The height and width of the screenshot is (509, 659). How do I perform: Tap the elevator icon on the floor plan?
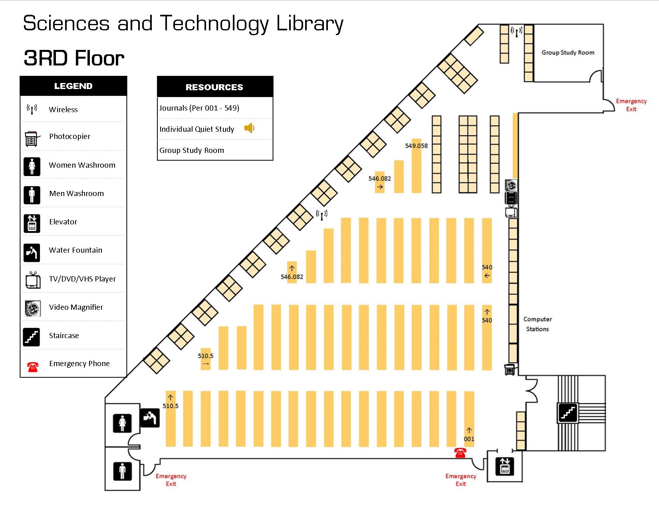click(505, 466)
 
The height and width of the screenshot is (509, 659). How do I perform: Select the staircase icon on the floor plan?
click(568, 413)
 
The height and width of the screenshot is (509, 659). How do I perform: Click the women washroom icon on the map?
click(122, 423)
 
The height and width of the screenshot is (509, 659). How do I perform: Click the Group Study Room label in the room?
click(568, 52)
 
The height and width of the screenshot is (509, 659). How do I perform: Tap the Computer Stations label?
click(537, 324)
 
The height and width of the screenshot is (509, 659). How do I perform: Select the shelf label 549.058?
click(416, 146)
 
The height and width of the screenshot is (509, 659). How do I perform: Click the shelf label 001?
click(469, 439)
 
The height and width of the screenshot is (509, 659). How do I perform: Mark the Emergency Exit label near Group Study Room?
click(631, 105)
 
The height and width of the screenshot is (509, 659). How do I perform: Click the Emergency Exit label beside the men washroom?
click(171, 480)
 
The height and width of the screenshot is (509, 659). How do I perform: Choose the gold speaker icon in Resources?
click(249, 128)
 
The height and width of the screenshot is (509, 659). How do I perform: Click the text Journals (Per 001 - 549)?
click(199, 108)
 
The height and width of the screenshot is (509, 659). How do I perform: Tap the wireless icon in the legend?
click(32, 109)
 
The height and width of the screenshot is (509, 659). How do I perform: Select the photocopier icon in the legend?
click(32, 138)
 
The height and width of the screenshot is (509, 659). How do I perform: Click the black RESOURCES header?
click(215, 87)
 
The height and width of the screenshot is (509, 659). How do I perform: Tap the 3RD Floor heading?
click(74, 58)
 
